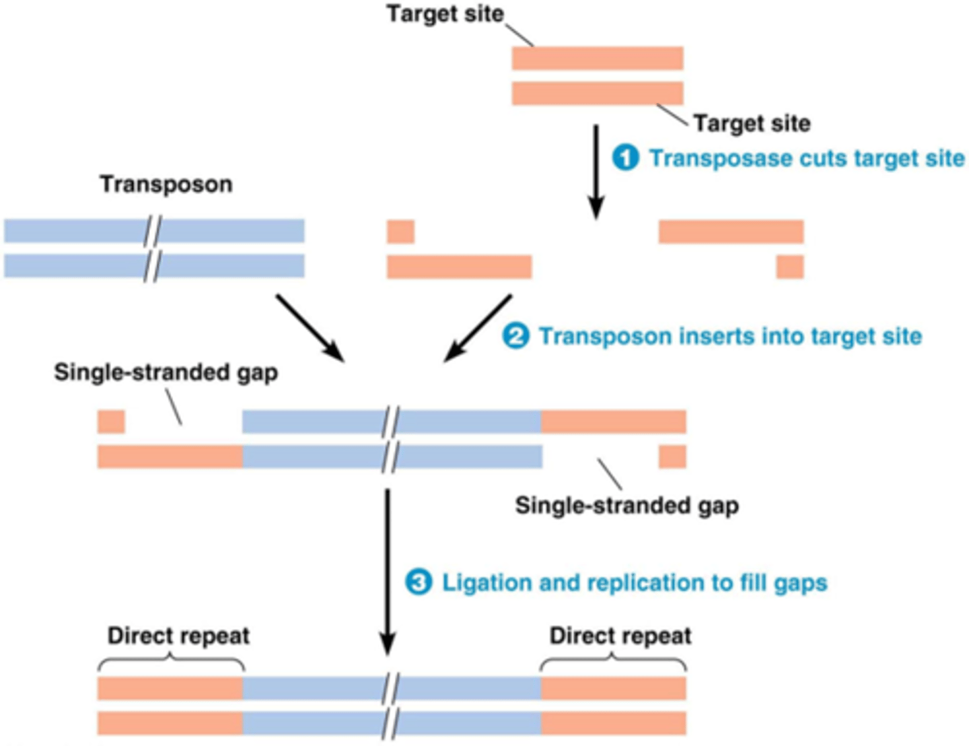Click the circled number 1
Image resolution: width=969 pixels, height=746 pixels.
[625, 158]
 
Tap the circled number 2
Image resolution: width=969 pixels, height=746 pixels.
[515, 336]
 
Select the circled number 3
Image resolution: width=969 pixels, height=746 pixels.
[418, 582]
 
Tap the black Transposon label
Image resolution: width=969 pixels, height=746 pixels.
[166, 184]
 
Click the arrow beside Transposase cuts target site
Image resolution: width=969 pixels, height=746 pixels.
[596, 172]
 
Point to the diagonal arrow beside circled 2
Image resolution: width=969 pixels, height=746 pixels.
[478, 328]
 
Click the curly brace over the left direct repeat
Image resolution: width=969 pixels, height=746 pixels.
[171, 664]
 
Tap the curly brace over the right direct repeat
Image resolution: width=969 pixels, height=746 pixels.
[613, 664]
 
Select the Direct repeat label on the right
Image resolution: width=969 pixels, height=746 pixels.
[620, 636]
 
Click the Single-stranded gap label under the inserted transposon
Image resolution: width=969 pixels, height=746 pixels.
[626, 506]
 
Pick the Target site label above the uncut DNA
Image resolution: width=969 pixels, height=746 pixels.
[445, 13]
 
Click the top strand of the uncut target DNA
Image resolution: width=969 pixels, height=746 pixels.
[597, 59]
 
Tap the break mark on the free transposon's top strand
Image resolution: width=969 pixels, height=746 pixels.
[153, 231]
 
